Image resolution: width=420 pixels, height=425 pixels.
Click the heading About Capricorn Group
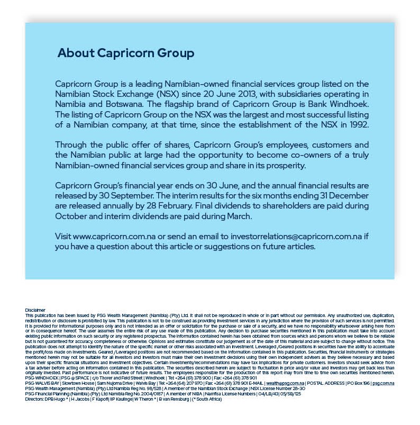click(x=126, y=53)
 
